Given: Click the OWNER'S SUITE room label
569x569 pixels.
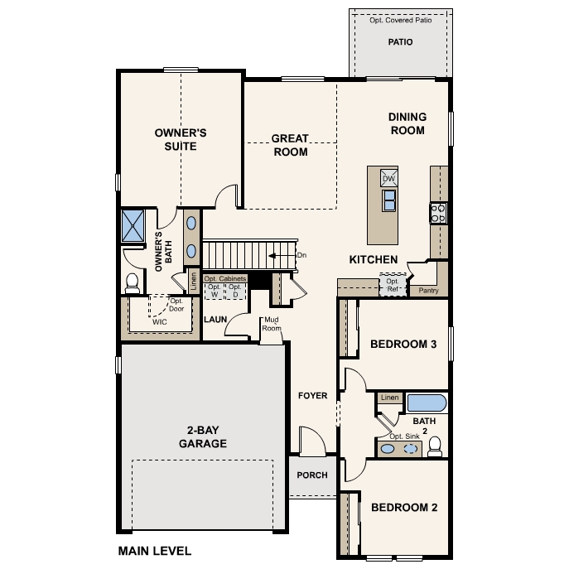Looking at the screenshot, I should click(x=180, y=139).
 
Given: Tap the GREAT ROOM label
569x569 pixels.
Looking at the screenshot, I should click(x=290, y=145).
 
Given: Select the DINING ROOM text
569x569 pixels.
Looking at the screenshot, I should click(x=407, y=123).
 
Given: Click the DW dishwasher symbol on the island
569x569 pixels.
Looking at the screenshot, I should click(x=388, y=178).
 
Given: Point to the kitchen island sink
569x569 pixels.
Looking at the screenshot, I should click(x=388, y=200).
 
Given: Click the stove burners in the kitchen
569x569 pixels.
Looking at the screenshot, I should click(x=438, y=213).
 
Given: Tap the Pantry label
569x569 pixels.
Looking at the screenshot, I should click(x=428, y=291).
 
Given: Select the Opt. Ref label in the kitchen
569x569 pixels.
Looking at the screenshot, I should click(x=392, y=286).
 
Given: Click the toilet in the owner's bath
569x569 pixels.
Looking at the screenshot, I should click(x=132, y=282).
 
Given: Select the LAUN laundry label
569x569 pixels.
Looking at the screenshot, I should click(x=215, y=319).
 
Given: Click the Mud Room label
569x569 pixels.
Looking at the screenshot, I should click(x=272, y=325).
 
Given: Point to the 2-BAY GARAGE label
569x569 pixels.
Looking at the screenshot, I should click(x=202, y=436).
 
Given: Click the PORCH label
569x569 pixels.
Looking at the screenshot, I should click(x=312, y=475).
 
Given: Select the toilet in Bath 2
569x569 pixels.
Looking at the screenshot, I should click(x=435, y=446).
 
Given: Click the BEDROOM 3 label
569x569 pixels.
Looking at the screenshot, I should click(x=403, y=345).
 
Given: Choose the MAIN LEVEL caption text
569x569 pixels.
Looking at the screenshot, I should click(x=154, y=551).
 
